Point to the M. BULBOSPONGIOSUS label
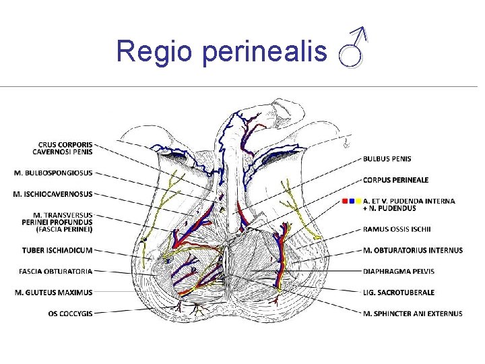[x=53, y=173]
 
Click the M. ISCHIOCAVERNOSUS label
[x=53, y=194]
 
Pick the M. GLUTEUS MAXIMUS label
[x=53, y=293]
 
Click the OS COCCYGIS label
[x=71, y=313]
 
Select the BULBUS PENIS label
[x=387, y=159]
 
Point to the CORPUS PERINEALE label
[x=395, y=180]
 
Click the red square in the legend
[x=345, y=201]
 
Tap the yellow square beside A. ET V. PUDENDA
[x=359, y=201]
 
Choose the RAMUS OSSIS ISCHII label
[x=401, y=229]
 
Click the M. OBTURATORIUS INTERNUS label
[x=413, y=251]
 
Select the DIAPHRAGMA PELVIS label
[x=399, y=272]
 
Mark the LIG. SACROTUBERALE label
[x=399, y=293]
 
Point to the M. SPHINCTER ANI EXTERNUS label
[x=413, y=313]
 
